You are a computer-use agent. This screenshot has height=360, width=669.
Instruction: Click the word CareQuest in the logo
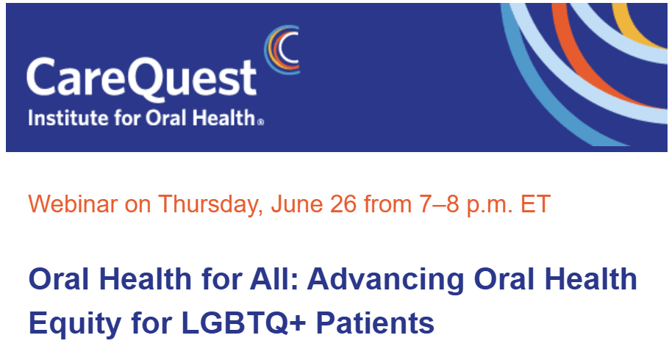click(x=142, y=79)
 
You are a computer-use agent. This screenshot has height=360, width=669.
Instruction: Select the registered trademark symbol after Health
click(x=260, y=123)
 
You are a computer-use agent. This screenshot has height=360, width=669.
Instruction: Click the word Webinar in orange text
click(x=73, y=204)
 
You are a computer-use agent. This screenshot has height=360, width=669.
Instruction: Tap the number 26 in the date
click(x=343, y=204)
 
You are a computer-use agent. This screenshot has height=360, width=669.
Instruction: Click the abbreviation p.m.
click(x=490, y=205)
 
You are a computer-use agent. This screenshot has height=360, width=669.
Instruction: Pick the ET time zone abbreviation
click(x=535, y=204)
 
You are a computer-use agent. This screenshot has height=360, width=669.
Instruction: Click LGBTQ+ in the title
click(x=243, y=323)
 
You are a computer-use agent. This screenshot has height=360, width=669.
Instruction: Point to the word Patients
click(x=375, y=323)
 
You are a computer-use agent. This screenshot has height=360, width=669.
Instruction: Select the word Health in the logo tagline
click(x=223, y=118)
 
